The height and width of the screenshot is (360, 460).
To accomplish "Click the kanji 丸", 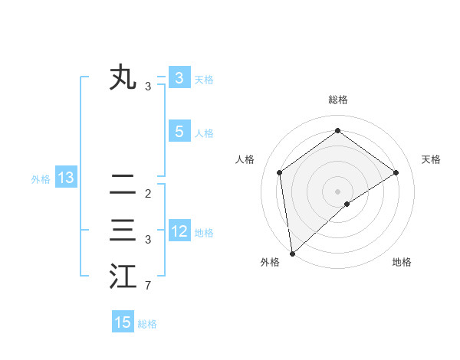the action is tap(123, 78).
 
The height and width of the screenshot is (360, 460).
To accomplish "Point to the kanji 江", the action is tap(123, 277).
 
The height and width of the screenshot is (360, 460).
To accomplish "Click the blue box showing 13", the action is tap(66, 178).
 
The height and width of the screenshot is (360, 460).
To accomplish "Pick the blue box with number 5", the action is tap(179, 132).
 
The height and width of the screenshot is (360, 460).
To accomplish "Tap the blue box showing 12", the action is tap(179, 231).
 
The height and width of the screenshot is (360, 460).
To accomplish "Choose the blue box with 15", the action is tap(123, 322).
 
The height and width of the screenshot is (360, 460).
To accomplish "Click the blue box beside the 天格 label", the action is tap(179, 78).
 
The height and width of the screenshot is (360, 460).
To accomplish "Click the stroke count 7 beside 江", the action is tap(147, 286).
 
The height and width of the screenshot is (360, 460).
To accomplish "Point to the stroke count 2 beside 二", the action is tap(147, 193).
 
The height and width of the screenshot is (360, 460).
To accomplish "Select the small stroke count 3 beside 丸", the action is tap(147, 87).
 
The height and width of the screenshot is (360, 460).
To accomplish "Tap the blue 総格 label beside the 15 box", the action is tap(147, 324).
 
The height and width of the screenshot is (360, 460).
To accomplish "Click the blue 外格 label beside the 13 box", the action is tap(41, 179).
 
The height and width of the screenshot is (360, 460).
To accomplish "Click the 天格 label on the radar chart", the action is tap(432, 159).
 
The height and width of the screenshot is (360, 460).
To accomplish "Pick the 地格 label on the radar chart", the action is tap(402, 262).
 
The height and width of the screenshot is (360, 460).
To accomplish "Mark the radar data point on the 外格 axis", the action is tap(291, 253).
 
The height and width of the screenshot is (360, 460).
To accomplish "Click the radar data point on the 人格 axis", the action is tap(280, 172).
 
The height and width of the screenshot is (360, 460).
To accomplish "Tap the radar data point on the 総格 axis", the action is tap(337, 131).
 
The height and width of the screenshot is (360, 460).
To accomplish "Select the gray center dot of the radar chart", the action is tap(337, 191).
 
